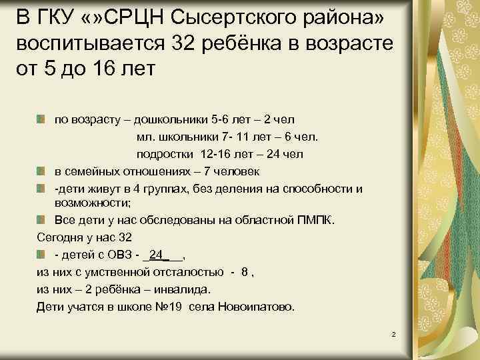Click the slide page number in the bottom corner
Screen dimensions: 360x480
click(394, 333)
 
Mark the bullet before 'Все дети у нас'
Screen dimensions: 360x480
click(41, 219)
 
